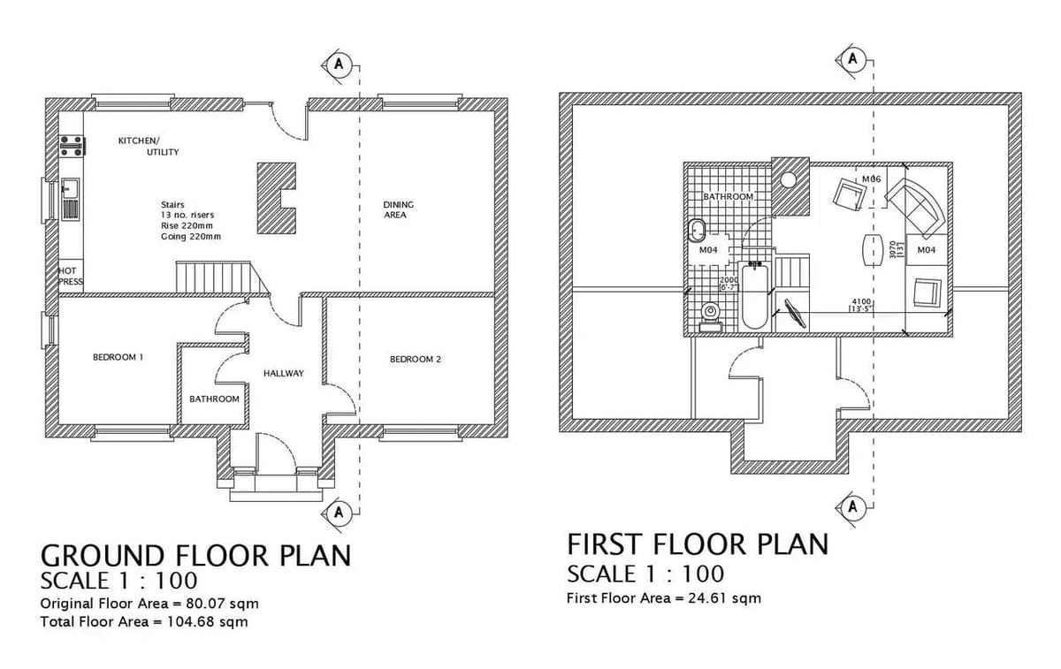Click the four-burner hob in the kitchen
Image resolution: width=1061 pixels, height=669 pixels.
70,147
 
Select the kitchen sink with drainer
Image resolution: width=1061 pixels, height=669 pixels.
70,199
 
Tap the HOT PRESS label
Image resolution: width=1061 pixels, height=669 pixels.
70,276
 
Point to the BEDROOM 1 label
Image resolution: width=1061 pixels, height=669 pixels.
118,357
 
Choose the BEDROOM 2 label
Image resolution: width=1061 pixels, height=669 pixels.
415,359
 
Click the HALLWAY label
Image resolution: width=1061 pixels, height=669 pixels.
283,373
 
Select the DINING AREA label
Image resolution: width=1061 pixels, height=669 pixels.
398,209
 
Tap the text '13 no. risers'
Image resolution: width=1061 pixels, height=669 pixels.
187,215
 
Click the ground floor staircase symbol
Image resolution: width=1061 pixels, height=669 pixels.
214,277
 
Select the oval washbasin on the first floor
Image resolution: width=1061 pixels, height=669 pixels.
698,232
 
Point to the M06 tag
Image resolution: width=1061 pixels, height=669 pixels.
871,179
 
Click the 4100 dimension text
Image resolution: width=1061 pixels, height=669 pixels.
860,301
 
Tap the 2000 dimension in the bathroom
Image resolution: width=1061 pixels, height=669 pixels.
728,280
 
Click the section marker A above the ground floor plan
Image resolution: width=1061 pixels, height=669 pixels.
338,65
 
